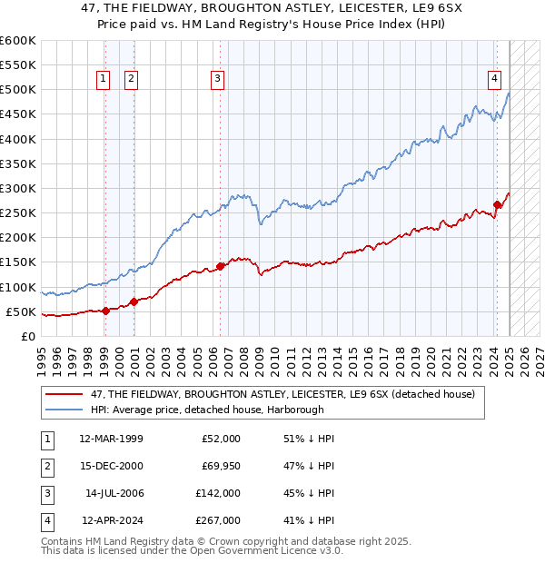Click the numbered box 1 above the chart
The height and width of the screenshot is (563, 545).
103,79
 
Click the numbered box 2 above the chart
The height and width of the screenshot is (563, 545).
132,79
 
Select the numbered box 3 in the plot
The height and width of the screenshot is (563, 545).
218,79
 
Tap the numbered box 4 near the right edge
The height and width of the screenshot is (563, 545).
495,79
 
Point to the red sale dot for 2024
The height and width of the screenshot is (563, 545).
497,204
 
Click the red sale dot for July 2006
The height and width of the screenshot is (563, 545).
221,266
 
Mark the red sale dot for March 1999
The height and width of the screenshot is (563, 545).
105,311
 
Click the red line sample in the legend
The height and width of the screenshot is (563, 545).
64,394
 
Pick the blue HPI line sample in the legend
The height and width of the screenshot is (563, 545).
64,409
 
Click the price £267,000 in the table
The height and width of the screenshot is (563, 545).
218,520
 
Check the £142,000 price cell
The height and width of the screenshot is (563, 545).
218,493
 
